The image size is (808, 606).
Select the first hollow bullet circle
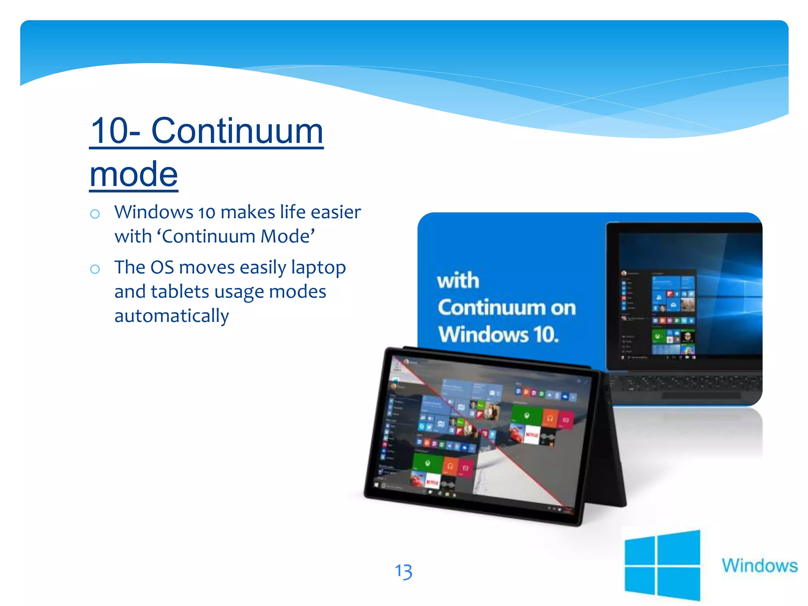point(95,214)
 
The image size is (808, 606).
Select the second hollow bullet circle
point(95,269)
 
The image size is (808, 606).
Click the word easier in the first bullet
point(335,212)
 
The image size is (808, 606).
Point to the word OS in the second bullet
point(162,267)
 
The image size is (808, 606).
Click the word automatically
point(172,316)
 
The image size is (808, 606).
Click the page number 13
point(403,572)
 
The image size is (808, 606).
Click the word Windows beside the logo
point(759,565)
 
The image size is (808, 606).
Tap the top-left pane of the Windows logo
point(640,552)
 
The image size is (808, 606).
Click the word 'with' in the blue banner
point(458,281)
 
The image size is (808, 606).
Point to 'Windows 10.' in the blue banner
point(498,335)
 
